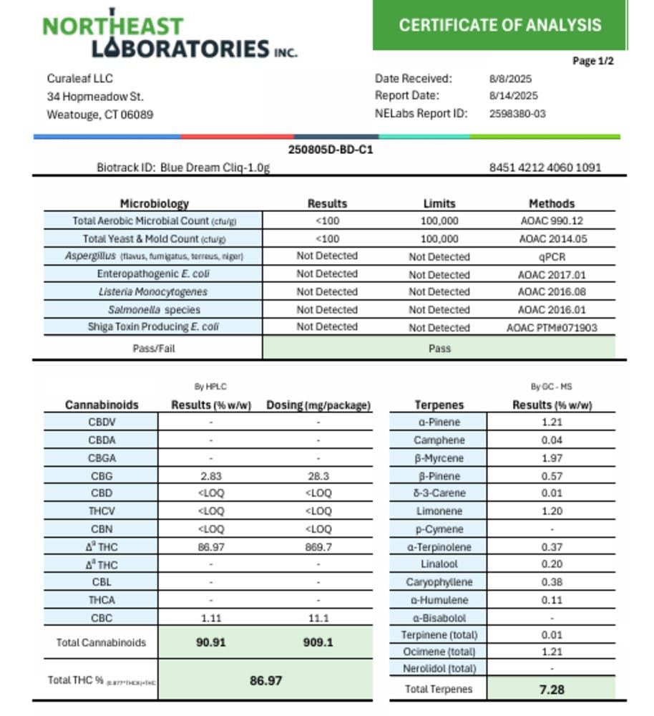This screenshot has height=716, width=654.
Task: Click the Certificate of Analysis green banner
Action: (499, 25)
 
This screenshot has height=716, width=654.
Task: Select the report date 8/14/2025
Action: (513, 96)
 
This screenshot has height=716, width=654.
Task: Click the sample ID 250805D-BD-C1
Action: (330, 150)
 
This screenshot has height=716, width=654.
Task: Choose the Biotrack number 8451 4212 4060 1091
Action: (545, 168)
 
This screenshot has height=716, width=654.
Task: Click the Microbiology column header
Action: (154, 203)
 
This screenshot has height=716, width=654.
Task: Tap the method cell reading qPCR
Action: (552, 256)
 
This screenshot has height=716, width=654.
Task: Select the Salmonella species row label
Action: (154, 310)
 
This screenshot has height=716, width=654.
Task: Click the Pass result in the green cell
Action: (439, 349)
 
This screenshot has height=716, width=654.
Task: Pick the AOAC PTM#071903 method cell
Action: (552, 328)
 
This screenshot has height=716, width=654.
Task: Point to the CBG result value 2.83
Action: (211, 476)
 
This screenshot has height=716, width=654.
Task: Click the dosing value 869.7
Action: (318, 547)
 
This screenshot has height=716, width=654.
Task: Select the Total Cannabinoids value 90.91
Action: (210, 642)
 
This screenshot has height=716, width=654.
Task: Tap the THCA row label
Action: (102, 600)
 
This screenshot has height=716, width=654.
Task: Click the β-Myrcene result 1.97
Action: (552, 458)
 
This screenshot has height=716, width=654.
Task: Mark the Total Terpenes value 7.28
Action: (552, 690)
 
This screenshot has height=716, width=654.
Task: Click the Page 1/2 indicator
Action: (592, 61)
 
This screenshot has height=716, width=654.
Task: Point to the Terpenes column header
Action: (439, 405)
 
